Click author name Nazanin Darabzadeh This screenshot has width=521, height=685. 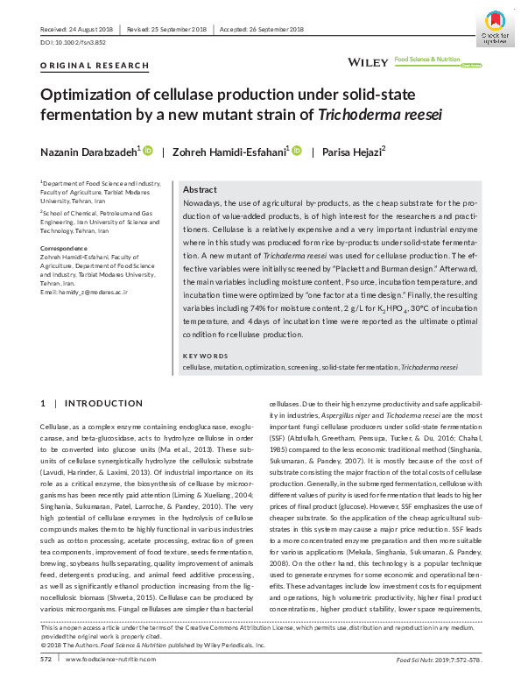tap(88, 152)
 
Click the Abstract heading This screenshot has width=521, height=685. tap(201, 190)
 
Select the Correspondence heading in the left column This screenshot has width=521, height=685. tap(64, 249)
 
